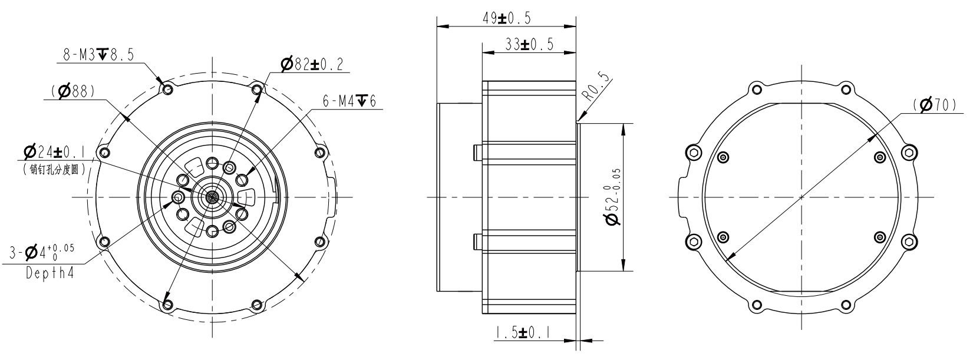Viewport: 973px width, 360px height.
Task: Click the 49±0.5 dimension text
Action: pos(506,18)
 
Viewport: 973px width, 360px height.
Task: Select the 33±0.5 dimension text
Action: pos(529,45)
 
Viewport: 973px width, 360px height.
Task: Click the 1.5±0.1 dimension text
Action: pos(523,333)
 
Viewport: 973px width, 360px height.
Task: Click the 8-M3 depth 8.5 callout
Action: pos(98,55)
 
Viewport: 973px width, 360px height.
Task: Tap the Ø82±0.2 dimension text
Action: pos(312,65)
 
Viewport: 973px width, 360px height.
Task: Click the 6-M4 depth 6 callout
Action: pos(349,101)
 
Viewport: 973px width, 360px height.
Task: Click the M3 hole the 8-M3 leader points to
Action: pos(168,90)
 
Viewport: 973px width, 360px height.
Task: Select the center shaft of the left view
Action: pos(211,197)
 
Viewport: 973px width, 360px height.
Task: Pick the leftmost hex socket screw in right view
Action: pos(694,153)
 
